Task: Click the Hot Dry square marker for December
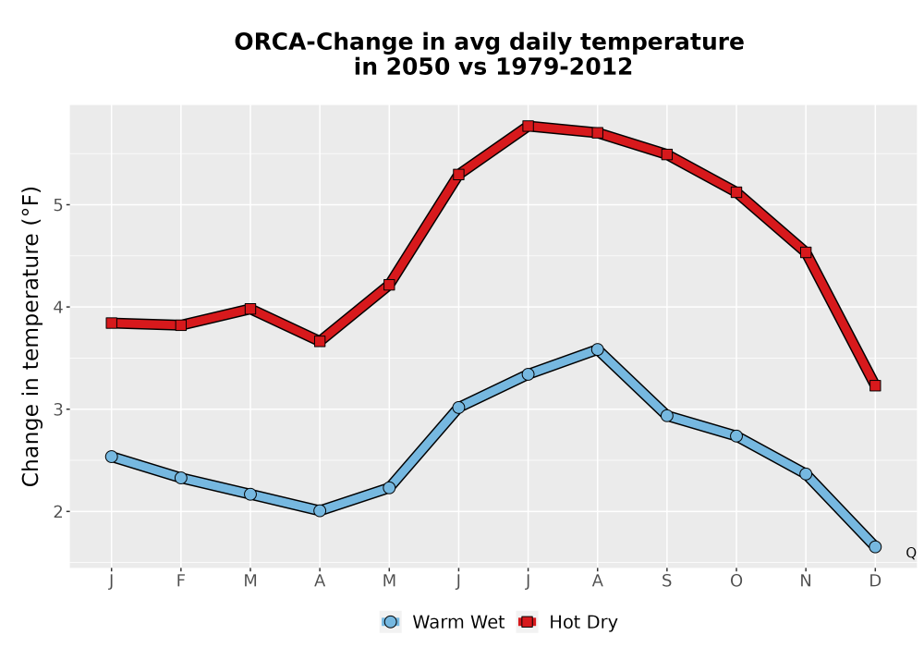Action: [x=875, y=385]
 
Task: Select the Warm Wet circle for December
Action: [x=875, y=547]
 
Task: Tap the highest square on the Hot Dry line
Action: [x=528, y=126]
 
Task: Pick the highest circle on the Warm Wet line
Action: [x=598, y=349]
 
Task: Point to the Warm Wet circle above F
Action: [x=181, y=478]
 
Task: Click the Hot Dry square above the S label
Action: [x=667, y=154]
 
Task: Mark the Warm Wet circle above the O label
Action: [x=736, y=436]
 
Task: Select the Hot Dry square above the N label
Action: [x=806, y=252]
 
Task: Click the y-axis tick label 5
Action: [x=57, y=205]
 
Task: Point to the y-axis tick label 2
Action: [x=57, y=511]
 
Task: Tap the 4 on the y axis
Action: [x=57, y=307]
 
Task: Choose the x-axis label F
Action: [x=181, y=581]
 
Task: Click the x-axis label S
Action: [x=667, y=581]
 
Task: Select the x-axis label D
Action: [x=875, y=581]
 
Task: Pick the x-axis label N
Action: [x=806, y=581]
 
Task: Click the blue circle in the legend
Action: [x=390, y=622]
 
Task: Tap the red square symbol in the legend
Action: [x=528, y=622]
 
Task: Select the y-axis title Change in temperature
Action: [x=30, y=336]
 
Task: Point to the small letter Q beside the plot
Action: [x=911, y=553]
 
